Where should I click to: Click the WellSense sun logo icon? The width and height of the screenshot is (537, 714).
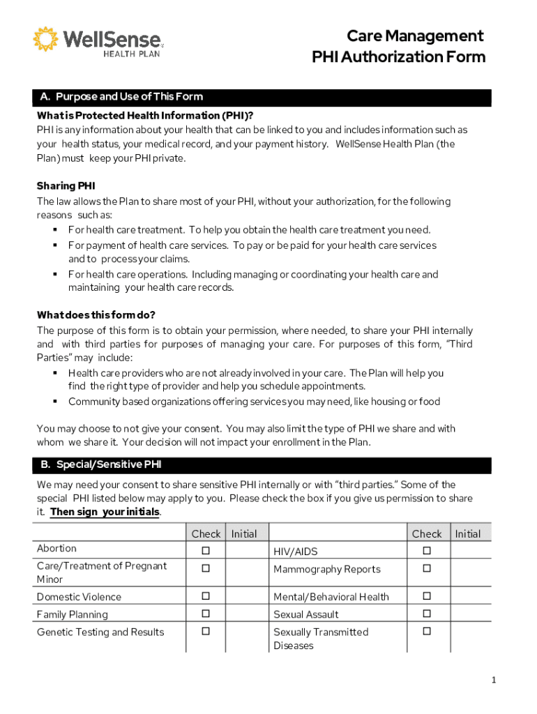46,39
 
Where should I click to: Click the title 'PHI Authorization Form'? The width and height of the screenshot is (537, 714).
398,57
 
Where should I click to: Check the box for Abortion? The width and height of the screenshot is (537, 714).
206,551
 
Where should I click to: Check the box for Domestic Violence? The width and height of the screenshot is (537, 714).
206,597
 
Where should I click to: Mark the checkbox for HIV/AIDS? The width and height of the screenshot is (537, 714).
427,551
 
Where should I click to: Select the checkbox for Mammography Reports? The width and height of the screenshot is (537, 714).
427,568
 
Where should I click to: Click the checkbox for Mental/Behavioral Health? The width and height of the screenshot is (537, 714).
427,597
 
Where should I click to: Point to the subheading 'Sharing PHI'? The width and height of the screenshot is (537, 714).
66,186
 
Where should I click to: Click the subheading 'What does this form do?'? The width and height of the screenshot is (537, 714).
96,314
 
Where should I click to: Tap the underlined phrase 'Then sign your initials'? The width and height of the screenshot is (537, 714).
105,512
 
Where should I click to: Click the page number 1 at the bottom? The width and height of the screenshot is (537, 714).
492,681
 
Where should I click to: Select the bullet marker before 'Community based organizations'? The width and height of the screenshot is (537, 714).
54,402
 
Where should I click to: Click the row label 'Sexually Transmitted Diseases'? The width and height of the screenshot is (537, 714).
321,639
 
